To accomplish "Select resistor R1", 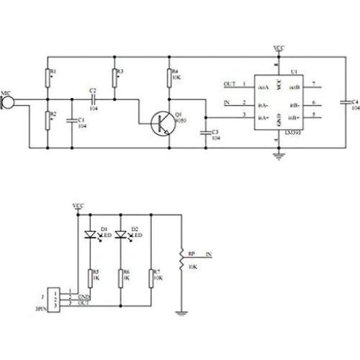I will click(x=48, y=76).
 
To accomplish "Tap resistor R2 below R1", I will click(x=48, y=119).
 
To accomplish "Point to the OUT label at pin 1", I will click(x=230, y=84).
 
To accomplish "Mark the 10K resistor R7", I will click(x=150, y=276).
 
